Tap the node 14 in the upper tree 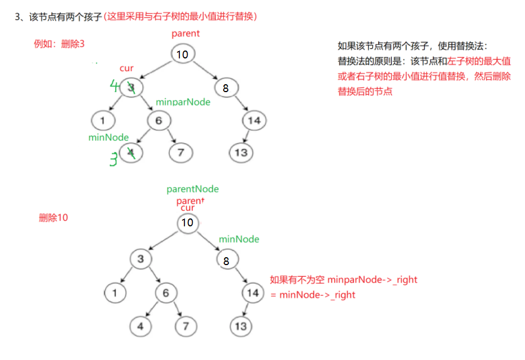(x=254, y=121)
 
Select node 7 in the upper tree (x=180, y=152)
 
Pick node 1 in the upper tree (x=103, y=121)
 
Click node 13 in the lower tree (x=241, y=326)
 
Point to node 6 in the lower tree (x=166, y=293)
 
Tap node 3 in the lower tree (x=141, y=259)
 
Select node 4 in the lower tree (x=142, y=326)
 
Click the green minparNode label (x=183, y=102)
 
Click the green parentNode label (x=193, y=189)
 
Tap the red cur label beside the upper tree (x=126, y=69)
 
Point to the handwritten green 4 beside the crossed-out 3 (x=115, y=86)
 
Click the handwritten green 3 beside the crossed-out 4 (x=114, y=160)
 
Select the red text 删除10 (x=53, y=218)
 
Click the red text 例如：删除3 (x=59, y=44)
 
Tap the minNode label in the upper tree (x=108, y=138)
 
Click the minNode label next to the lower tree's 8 (x=239, y=239)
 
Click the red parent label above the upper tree (x=185, y=34)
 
